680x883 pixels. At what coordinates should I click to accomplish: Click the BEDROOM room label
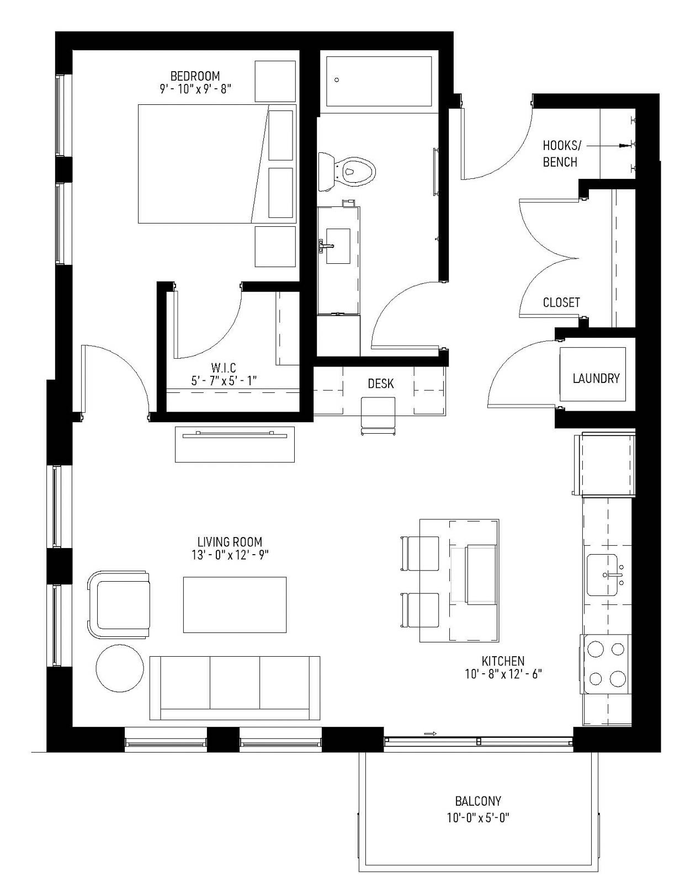(195, 76)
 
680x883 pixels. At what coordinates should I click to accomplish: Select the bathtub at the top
(379, 81)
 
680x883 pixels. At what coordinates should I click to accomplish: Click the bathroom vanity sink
(337, 246)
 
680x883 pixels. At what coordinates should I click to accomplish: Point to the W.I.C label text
(224, 368)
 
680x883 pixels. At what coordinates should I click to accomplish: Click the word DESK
(381, 384)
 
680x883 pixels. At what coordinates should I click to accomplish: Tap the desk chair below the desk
(378, 415)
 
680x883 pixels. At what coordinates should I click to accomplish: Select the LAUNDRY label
(596, 379)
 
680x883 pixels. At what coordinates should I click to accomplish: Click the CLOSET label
(561, 302)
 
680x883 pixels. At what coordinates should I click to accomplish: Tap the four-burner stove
(607, 663)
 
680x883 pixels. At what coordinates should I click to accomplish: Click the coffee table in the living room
(235, 605)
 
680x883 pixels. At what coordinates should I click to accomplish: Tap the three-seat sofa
(235, 688)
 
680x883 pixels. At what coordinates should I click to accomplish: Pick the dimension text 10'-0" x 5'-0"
(478, 818)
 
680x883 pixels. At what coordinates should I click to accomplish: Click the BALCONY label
(478, 801)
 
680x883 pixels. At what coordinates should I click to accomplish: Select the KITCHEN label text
(503, 661)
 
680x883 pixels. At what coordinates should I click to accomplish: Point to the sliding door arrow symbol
(431, 734)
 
